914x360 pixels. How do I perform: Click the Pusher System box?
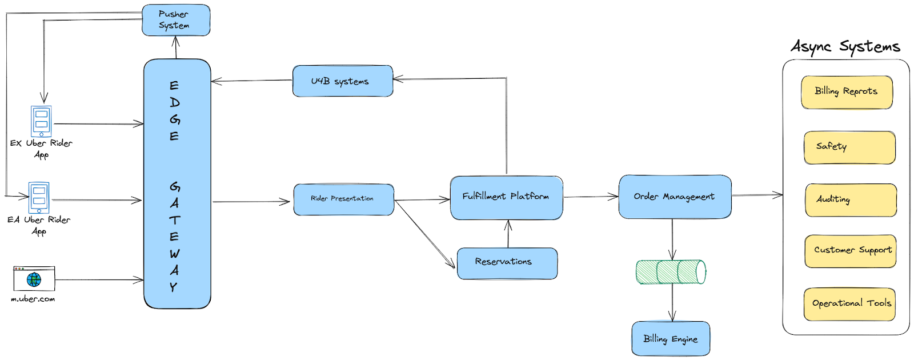[x=176, y=20]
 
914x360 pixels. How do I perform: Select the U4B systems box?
[x=342, y=81]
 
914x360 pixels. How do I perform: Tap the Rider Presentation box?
[x=343, y=199]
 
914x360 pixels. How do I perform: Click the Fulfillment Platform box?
[x=506, y=198]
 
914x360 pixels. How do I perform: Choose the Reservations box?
[x=507, y=263]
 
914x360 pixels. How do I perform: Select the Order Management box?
[x=674, y=197]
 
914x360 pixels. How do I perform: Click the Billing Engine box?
[x=671, y=338]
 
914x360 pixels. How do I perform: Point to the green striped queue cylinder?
[x=671, y=272]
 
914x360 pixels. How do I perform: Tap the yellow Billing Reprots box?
[x=846, y=92]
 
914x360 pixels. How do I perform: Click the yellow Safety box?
[x=849, y=147]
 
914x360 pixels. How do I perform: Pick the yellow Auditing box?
[x=850, y=200]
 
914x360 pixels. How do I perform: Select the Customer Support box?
[x=850, y=251]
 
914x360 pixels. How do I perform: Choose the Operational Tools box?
[x=849, y=304]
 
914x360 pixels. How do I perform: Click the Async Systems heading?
[x=845, y=46]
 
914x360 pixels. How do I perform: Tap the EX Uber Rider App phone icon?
[x=41, y=121]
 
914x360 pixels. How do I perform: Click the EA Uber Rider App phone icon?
[x=39, y=197]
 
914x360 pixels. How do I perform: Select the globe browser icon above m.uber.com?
[x=34, y=279]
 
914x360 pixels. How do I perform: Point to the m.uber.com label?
[x=33, y=299]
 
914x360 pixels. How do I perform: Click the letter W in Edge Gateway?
[x=174, y=253]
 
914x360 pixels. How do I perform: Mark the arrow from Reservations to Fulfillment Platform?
[x=508, y=234]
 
